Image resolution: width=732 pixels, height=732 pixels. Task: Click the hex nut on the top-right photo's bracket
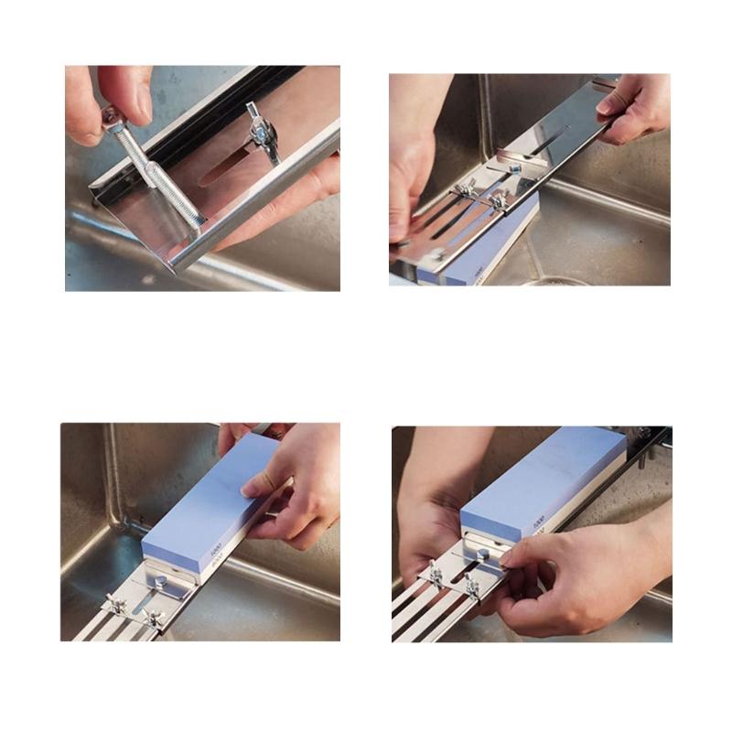516,169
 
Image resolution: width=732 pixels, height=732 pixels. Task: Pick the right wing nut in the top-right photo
498,200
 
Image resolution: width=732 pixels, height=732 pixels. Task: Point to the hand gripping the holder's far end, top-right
636,105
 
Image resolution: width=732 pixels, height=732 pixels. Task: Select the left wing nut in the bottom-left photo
116,604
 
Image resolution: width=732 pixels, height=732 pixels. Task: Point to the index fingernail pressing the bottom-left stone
260,482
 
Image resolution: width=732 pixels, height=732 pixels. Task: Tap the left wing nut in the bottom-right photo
436,576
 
